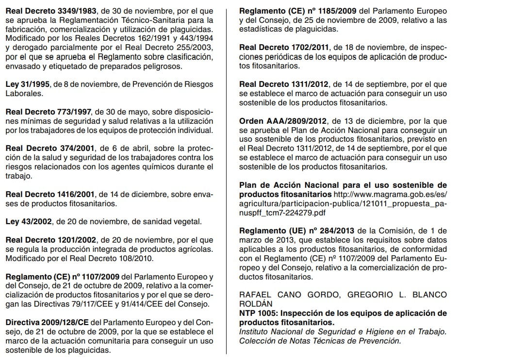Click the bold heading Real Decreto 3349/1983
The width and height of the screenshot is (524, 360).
point(47,11)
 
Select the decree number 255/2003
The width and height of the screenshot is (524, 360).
point(196,48)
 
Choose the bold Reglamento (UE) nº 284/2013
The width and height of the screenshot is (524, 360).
point(297,231)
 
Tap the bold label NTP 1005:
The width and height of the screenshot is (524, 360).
point(258,313)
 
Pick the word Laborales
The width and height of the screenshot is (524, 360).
point(24,94)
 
